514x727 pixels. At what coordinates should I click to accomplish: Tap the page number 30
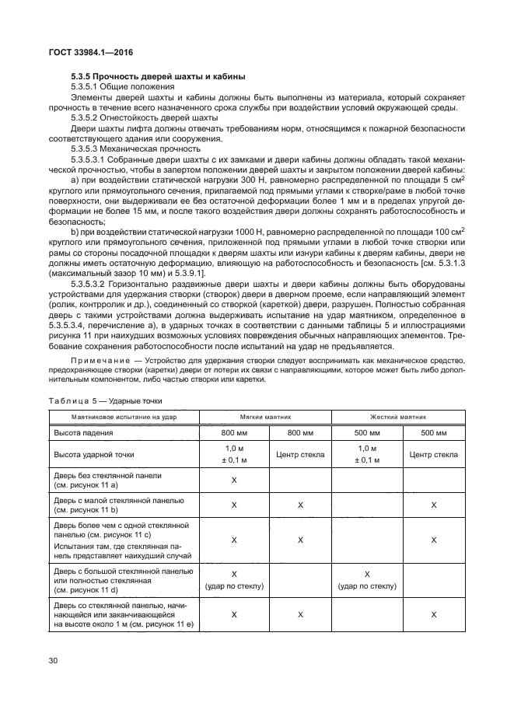click(53, 661)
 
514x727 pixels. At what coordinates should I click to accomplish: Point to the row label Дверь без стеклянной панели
click(107, 476)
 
